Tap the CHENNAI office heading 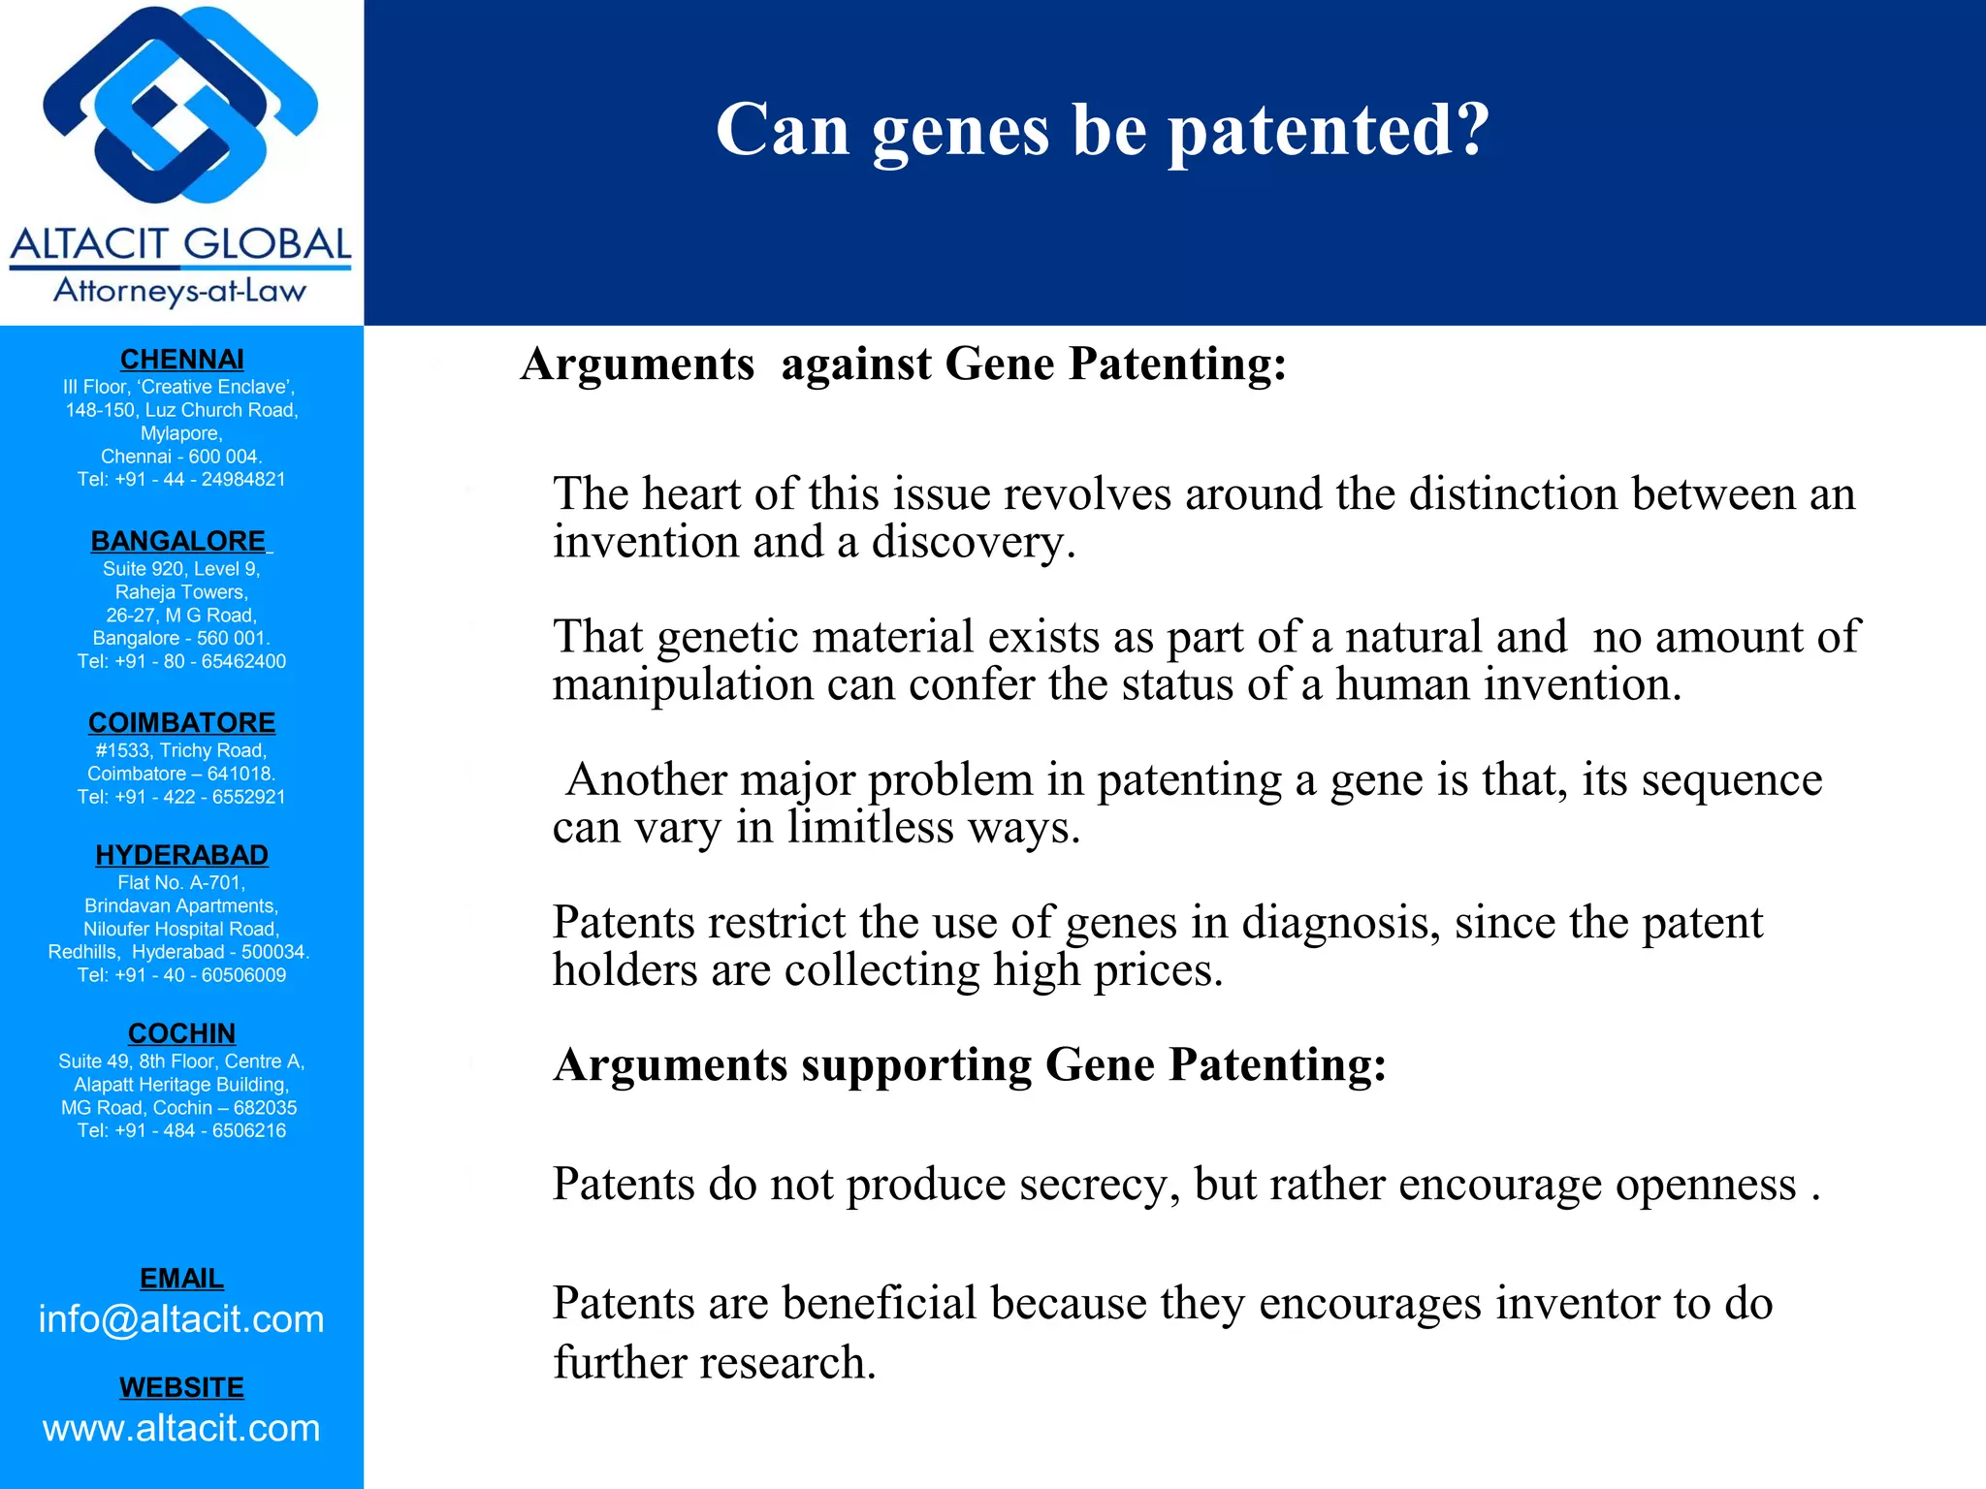pos(181,360)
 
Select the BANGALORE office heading pos(178,541)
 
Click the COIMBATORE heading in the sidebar pos(181,723)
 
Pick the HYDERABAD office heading pos(181,855)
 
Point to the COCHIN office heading pos(181,1033)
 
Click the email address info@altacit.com pos(181,1319)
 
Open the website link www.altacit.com pos(181,1428)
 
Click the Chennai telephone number pos(181,480)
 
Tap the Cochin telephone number pos(181,1130)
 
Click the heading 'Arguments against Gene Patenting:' pos(903,364)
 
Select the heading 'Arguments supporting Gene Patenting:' pos(970,1065)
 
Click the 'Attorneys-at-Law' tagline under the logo pos(180,291)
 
